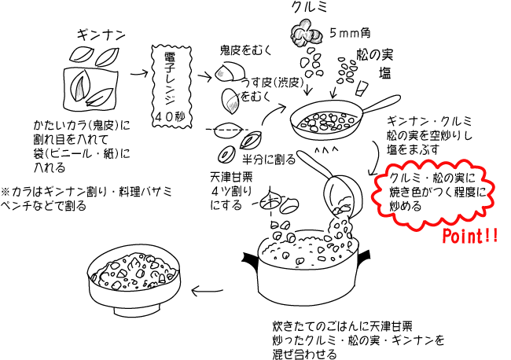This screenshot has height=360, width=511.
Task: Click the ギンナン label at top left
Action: [99, 35]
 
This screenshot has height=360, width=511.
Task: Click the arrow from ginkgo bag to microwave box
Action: [140, 75]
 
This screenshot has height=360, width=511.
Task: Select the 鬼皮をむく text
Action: [244, 52]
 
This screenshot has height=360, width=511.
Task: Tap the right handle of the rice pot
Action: [362, 256]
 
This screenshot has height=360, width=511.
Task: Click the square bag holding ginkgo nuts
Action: [88, 86]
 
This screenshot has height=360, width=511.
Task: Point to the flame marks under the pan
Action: [324, 147]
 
